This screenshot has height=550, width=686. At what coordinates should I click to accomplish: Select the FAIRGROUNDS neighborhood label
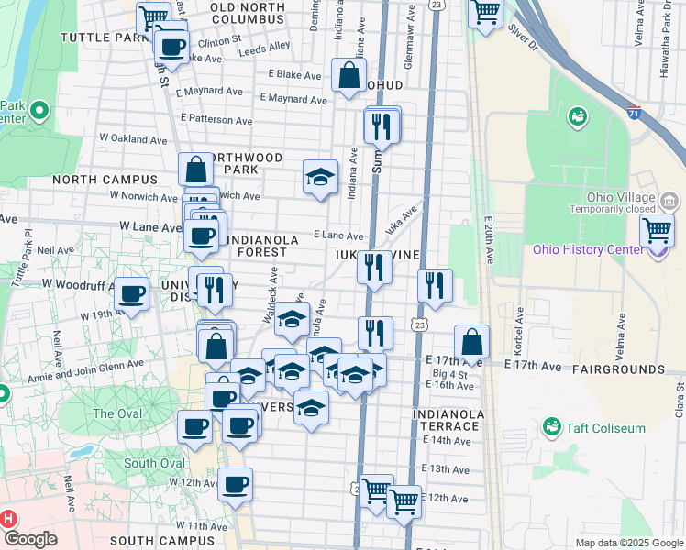[x=618, y=368]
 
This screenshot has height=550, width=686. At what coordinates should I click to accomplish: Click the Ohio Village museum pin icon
[x=669, y=200]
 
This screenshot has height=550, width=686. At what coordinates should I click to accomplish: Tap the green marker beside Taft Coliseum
[x=552, y=427]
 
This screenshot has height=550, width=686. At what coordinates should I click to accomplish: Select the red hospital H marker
[x=9, y=519]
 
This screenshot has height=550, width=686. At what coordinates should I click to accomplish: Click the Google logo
[x=30, y=539]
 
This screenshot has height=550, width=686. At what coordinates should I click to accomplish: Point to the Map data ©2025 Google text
[x=629, y=543]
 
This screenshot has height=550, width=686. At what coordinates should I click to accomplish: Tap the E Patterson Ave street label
[x=216, y=119]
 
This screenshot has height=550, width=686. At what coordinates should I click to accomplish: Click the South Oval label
[x=154, y=463]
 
